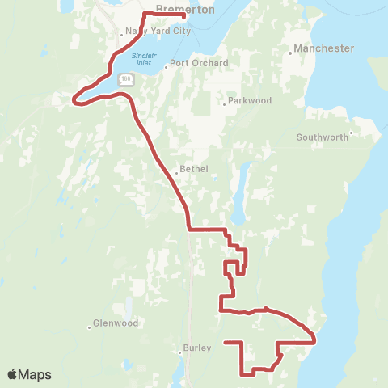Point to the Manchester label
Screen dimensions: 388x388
324,48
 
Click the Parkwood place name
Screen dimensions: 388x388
249,101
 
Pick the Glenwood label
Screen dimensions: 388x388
116,323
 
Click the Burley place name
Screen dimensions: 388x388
197,348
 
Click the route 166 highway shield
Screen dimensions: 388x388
126,79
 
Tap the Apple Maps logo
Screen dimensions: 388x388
29,374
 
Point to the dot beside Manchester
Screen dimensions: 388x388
290,53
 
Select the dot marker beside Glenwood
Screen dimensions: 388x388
90,327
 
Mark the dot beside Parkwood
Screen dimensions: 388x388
225,104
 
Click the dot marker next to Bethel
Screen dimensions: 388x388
176,172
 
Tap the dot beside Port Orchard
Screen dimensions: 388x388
166,67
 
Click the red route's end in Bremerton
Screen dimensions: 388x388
185,16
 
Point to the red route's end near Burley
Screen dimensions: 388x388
225,343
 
